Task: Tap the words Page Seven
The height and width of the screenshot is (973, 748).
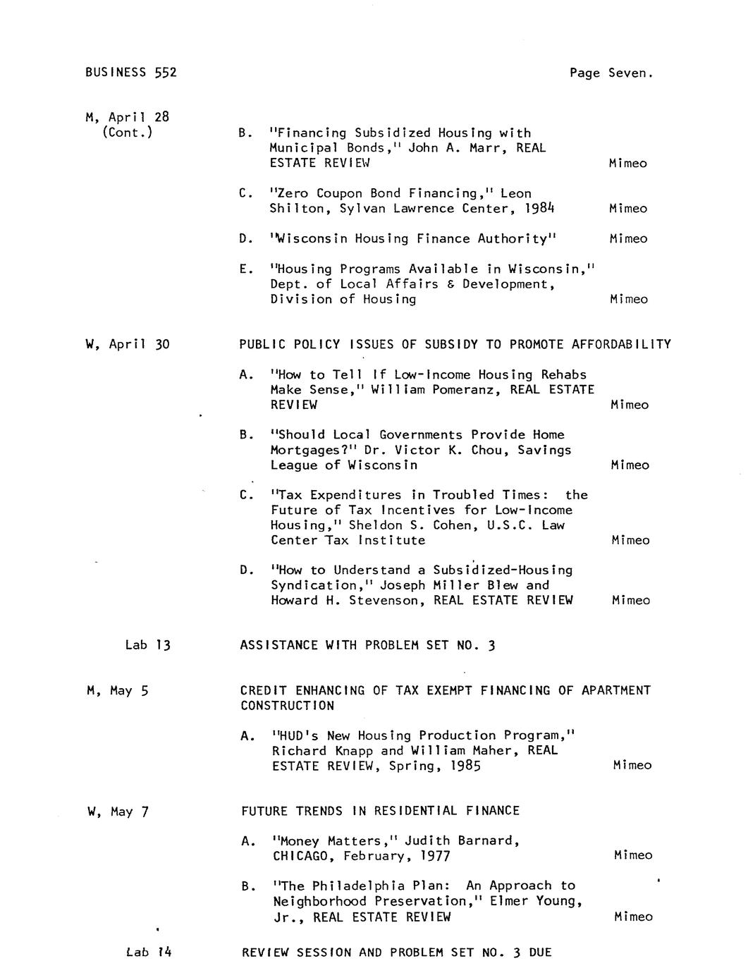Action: (x=611, y=73)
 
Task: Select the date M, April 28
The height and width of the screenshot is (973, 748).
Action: (x=128, y=117)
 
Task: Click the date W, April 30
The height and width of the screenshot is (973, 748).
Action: (x=128, y=345)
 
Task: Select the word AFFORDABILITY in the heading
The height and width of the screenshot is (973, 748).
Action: (x=621, y=345)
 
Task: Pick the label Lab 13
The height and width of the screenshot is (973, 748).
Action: (x=148, y=645)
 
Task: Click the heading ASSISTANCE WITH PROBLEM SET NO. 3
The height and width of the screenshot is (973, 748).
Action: (x=367, y=645)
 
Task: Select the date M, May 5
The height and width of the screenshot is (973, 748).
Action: (x=118, y=691)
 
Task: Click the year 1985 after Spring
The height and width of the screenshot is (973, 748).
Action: (x=465, y=766)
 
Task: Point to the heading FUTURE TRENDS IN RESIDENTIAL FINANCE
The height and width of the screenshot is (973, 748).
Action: (x=380, y=811)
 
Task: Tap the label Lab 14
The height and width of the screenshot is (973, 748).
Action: (x=149, y=953)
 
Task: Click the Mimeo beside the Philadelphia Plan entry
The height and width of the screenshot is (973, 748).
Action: (x=633, y=917)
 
